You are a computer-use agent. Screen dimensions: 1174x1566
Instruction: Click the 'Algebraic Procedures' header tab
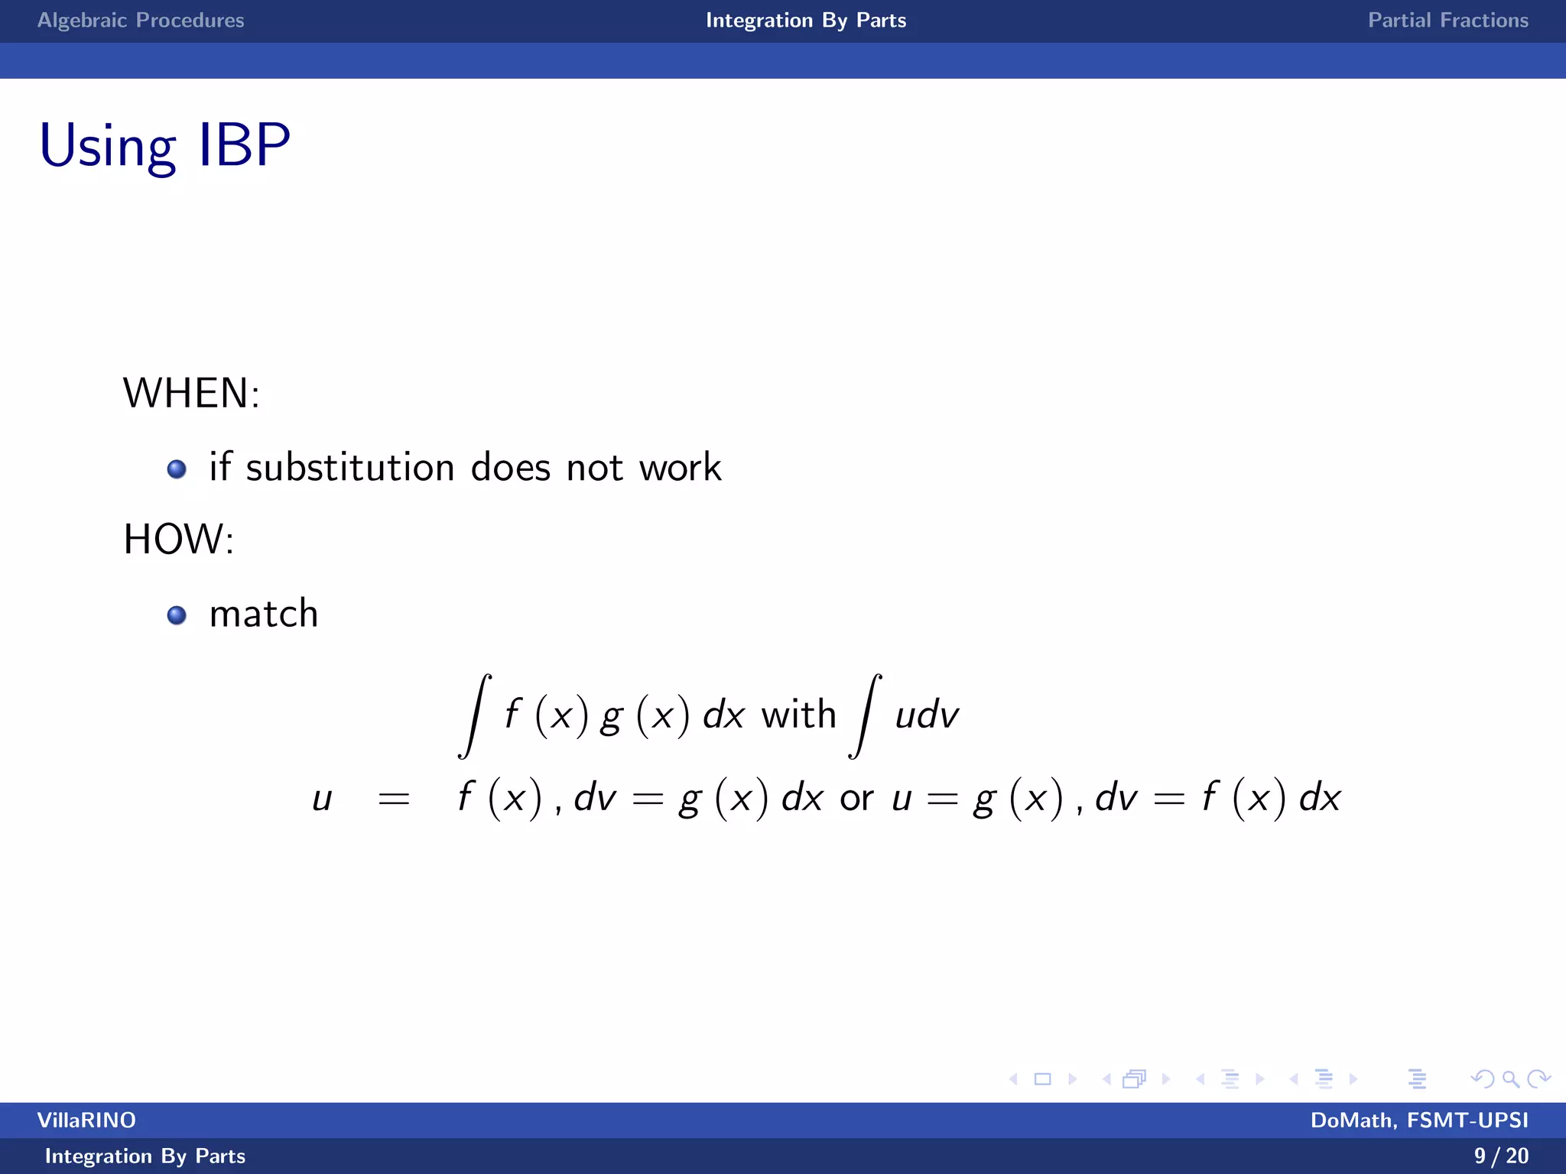pos(141,21)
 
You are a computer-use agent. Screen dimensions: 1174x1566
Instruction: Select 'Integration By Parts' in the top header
pos(806,21)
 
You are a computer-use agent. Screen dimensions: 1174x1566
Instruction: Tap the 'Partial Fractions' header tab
pos(1447,21)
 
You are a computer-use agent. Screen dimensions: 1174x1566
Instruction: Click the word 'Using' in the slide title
pos(108,146)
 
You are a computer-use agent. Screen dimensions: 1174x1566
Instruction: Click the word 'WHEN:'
pos(191,394)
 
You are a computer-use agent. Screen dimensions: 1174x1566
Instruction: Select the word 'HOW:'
pos(179,540)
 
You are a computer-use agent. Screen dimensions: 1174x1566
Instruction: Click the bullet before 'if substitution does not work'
pos(177,469)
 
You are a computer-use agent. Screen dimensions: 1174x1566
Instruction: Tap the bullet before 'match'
pos(177,615)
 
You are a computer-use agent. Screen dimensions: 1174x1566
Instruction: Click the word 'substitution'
pos(350,467)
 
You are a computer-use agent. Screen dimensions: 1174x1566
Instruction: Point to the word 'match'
pos(264,614)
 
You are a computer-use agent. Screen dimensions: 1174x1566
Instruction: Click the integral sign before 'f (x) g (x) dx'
pos(475,715)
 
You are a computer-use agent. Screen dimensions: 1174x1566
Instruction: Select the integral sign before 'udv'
pos(866,715)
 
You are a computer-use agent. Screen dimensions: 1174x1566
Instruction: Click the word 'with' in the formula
pos(798,715)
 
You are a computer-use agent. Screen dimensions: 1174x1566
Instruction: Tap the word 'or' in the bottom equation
pos(856,799)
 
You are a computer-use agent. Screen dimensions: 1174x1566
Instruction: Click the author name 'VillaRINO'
pos(86,1120)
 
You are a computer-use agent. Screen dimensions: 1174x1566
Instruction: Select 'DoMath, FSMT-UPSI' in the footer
pos(1419,1120)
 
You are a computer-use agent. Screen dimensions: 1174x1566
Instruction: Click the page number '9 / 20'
pos(1501,1156)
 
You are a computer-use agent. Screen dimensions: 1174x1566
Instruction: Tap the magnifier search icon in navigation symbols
pos(1510,1079)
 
